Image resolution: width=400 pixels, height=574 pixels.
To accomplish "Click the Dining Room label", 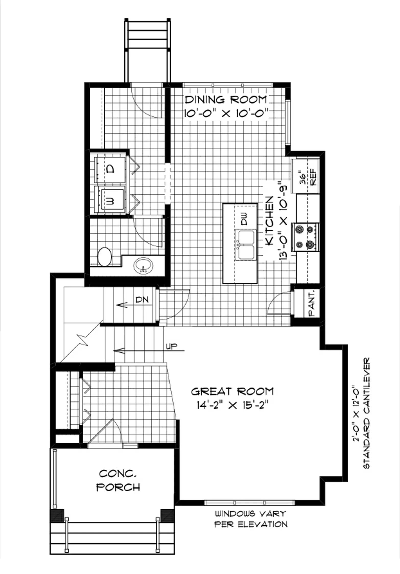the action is pyautogui.click(x=226, y=99).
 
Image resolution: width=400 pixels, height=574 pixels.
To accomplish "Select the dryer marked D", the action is pyautogui.click(x=110, y=170).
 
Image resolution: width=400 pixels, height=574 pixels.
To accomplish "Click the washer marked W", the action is pyautogui.click(x=110, y=199).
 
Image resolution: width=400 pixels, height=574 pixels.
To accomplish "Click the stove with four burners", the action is pyautogui.click(x=306, y=237).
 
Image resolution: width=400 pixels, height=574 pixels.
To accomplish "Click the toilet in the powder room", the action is pyautogui.click(x=105, y=257).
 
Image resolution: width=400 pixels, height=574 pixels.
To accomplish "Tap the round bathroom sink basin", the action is pyautogui.click(x=143, y=266).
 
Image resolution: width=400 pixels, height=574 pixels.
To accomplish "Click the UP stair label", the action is pyautogui.click(x=172, y=346).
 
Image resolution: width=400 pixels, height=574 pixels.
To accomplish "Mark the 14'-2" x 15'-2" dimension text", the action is pyautogui.click(x=233, y=405).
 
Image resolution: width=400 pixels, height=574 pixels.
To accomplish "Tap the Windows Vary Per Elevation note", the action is pyautogui.click(x=251, y=519).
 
